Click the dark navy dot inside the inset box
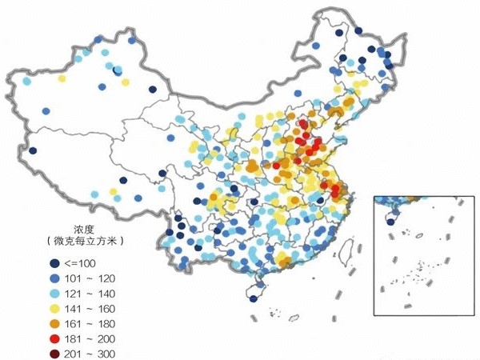[390, 222]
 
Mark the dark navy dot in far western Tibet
[33, 150]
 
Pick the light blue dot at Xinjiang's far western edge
[27, 81]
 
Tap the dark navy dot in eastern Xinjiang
[118, 70]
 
